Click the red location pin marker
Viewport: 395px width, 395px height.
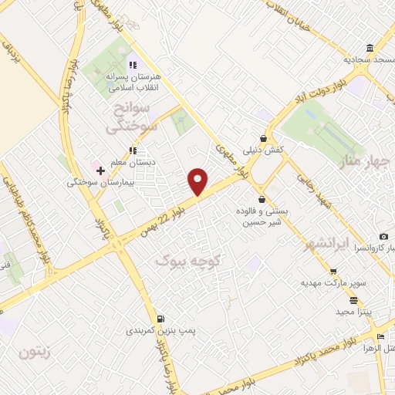pyautogui.click(x=197, y=181)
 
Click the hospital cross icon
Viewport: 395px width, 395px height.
pyautogui.click(x=100, y=170)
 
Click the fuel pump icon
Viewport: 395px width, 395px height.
pyautogui.click(x=160, y=319)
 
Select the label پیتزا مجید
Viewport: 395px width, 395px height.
pyautogui.click(x=354, y=311)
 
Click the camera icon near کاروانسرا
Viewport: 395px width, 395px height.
pyautogui.click(x=383, y=236)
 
